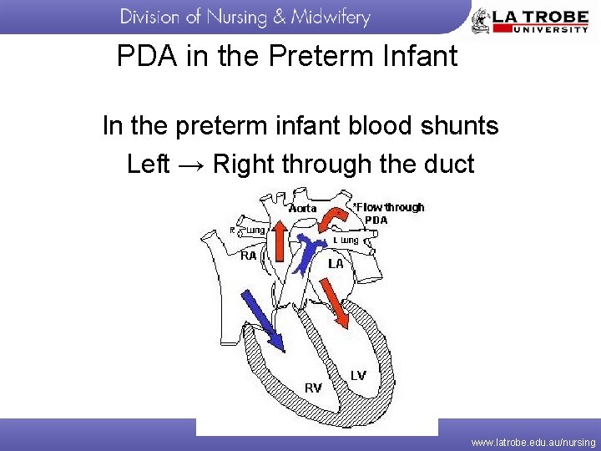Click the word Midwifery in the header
point(330,18)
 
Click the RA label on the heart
point(248,256)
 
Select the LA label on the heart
point(335,263)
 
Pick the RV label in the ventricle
point(313,388)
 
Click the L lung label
point(346,241)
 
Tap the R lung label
point(249,231)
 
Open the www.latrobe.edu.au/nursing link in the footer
point(533,442)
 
